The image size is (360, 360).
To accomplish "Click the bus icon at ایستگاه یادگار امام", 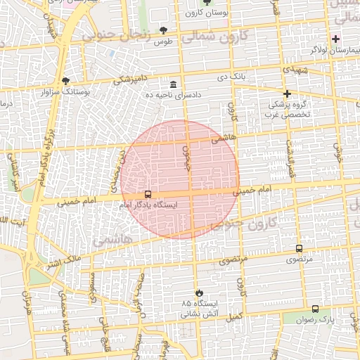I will [148, 194].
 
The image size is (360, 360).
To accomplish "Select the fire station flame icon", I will [199, 291].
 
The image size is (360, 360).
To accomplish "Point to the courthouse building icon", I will [173, 84].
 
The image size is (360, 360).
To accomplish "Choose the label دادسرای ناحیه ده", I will [173, 95].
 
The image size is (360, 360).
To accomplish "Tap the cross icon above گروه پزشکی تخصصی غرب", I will [286, 94].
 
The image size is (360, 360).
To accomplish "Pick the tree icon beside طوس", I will [163, 30].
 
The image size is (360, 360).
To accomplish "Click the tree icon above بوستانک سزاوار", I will [66, 81].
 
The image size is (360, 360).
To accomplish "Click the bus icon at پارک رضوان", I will [314, 309].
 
